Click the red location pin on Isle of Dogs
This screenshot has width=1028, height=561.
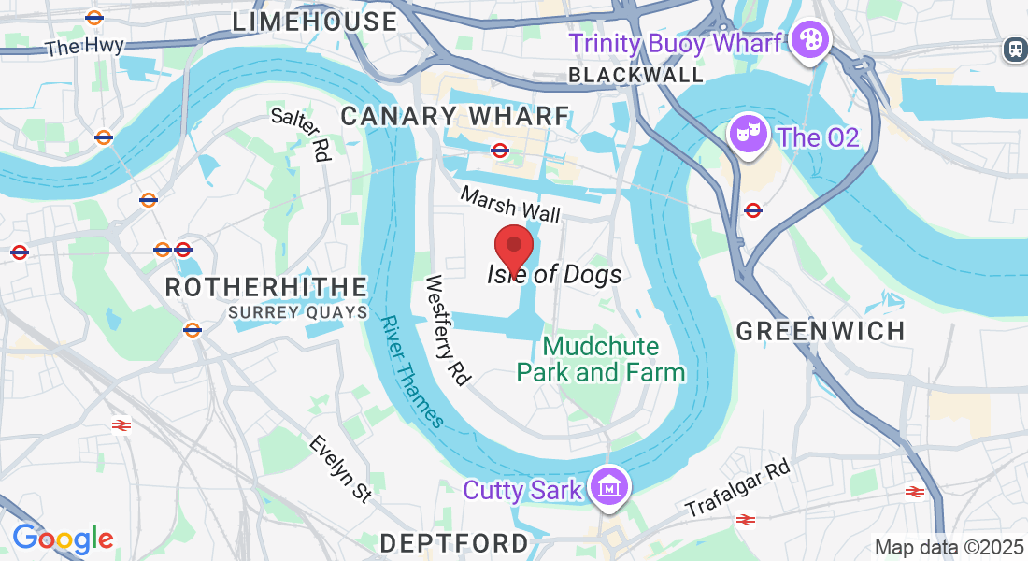(513, 246)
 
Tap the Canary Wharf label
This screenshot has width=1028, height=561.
(455, 117)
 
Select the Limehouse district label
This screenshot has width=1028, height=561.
(314, 22)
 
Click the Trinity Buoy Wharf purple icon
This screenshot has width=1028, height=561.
(808, 41)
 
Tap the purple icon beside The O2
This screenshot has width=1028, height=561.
(748, 136)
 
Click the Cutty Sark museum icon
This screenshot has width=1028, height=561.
(609, 487)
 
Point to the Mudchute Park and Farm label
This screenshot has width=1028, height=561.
(601, 359)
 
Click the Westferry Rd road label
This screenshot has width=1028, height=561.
(448, 329)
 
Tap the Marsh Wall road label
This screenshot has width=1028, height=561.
(510, 203)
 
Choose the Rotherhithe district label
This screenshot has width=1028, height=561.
(266, 287)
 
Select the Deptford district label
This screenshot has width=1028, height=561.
(455, 542)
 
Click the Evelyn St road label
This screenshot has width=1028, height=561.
(340, 468)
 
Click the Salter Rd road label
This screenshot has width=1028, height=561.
(302, 134)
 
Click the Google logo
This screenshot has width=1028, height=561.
(63, 539)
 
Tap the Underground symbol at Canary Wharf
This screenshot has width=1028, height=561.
(500, 150)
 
